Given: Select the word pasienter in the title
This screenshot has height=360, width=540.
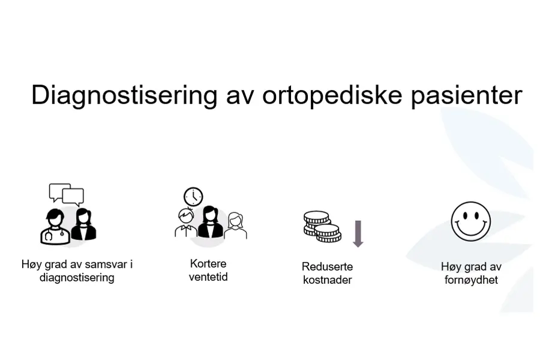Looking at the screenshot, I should [461, 96].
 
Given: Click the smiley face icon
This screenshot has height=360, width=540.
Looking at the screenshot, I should [471, 221].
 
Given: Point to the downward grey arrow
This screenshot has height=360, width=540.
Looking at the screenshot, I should [358, 233].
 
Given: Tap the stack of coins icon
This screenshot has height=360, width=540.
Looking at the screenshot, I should [322, 226].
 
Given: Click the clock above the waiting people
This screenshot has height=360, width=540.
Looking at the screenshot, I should [193, 196].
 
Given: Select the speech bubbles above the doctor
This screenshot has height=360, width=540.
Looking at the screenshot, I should [67, 194].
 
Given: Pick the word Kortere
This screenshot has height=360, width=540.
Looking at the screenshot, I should [208, 263].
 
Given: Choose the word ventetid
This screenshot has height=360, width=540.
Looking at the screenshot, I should [208, 277].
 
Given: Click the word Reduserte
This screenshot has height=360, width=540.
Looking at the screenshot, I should [327, 266].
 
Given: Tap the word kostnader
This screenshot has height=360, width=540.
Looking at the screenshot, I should [327, 280].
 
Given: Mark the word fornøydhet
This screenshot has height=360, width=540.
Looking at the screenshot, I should [471, 280].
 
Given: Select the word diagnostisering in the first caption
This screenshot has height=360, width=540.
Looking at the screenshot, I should [76, 278].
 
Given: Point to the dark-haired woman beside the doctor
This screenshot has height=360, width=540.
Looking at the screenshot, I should [83, 225].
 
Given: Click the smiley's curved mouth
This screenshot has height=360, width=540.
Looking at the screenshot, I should [471, 229].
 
